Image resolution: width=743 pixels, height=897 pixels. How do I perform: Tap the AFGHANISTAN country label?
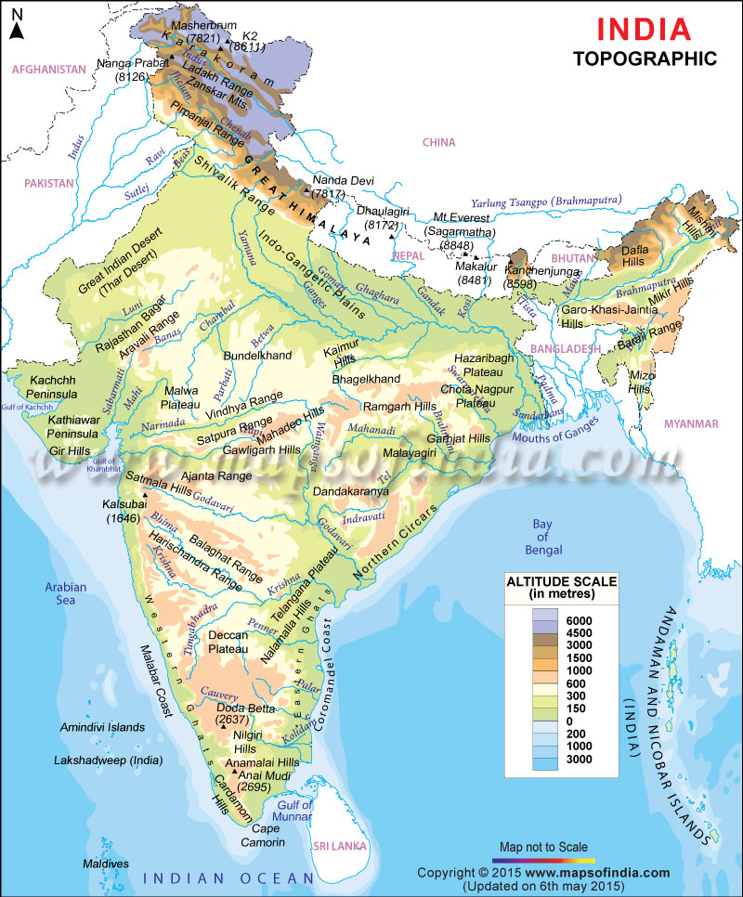pos(43,70)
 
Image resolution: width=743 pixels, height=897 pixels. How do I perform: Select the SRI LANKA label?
pos(339,846)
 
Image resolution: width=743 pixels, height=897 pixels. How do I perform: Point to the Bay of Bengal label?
pos(541,537)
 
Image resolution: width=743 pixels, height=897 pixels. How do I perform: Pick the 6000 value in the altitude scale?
pos(578,619)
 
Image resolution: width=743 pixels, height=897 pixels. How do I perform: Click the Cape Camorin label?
pos(266,836)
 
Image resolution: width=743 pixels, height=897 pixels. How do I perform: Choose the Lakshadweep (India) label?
pos(108,760)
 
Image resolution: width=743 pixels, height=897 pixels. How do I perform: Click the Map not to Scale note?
pos(544,847)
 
